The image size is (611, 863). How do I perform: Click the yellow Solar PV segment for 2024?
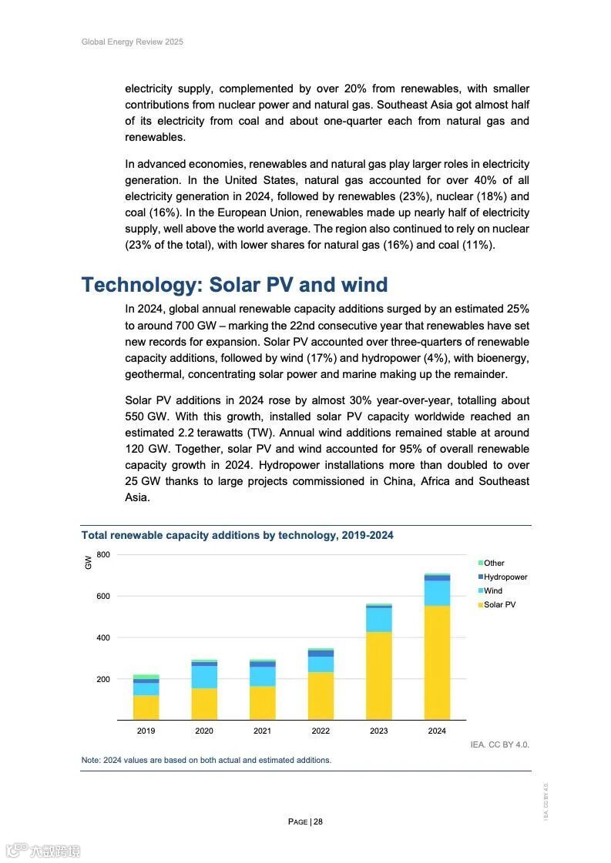[x=437, y=662]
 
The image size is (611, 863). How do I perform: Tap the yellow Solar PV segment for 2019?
[x=146, y=707]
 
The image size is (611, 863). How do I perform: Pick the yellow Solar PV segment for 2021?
[x=262, y=703]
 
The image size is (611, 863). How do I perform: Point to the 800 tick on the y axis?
[x=103, y=554]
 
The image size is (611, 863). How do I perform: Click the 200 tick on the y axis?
[x=103, y=679]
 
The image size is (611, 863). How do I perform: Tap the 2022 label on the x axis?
[x=321, y=731]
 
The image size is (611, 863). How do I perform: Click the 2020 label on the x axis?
[x=204, y=731]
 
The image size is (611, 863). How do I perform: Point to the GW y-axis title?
[x=88, y=563]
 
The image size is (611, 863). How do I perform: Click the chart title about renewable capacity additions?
[x=237, y=535]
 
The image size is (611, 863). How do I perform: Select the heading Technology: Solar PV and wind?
[x=234, y=285]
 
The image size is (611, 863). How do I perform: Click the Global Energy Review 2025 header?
[x=133, y=42]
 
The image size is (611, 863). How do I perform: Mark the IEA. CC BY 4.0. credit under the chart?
[x=499, y=744]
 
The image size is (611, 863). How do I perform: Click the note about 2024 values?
[x=206, y=760]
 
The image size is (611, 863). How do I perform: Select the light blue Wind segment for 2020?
[x=204, y=677]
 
